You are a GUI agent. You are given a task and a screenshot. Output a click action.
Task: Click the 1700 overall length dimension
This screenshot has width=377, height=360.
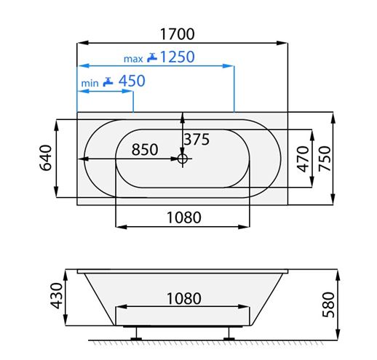[x=178, y=34]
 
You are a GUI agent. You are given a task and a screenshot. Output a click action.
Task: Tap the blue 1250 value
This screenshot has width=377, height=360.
[x=178, y=57]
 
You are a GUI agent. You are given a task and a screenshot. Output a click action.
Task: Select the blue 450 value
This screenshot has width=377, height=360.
[x=132, y=81]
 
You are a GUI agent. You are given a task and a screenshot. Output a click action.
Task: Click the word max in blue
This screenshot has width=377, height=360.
[x=133, y=59]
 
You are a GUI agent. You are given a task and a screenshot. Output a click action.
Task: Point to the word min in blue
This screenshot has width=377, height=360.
[x=90, y=84]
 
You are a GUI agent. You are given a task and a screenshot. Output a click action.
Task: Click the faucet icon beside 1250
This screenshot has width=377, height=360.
[x=152, y=57]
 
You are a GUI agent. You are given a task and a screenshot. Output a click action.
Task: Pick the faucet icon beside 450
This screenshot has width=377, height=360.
[x=108, y=81]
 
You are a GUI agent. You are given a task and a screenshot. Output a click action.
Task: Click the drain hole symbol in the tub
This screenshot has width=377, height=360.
[x=183, y=159]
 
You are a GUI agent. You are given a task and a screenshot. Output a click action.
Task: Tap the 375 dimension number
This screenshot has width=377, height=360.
[x=197, y=140]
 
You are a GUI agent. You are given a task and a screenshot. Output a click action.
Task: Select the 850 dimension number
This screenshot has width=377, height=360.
[x=145, y=149]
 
